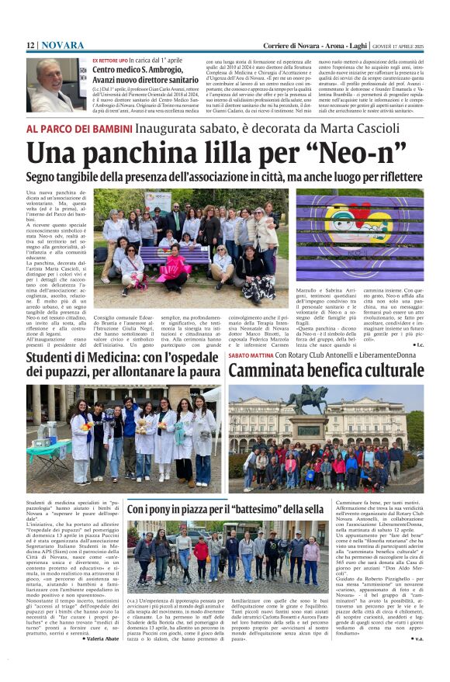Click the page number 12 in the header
(30, 46)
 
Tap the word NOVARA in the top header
(63, 46)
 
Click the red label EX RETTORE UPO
(110, 60)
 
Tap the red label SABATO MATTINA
(250, 355)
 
